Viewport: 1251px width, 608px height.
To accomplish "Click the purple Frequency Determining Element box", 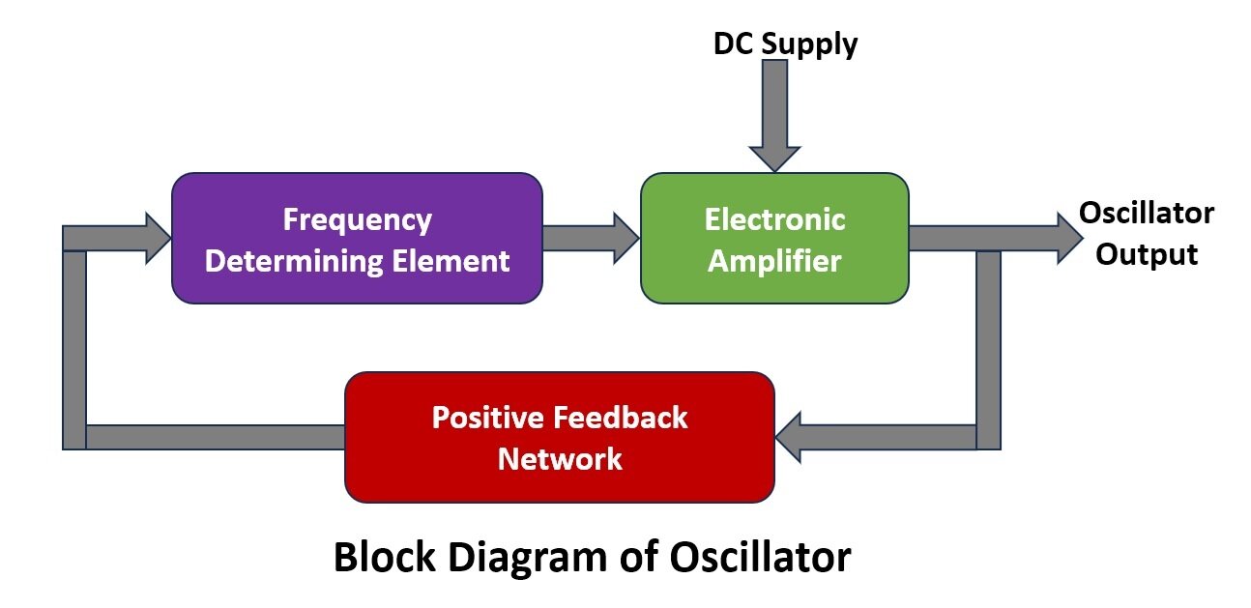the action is pyautogui.click(x=357, y=239).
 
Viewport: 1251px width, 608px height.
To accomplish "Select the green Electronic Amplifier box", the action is pyautogui.click(x=774, y=239).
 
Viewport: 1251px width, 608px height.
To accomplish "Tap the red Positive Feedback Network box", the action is pyautogui.click(x=560, y=437).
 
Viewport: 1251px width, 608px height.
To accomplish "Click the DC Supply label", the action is pyautogui.click(x=785, y=44).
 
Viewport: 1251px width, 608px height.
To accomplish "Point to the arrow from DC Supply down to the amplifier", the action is pyautogui.click(x=774, y=116).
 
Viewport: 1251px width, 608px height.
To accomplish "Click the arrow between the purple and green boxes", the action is pyautogui.click(x=591, y=239).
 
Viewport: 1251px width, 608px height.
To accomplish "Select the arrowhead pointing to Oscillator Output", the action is pyautogui.click(x=1070, y=239).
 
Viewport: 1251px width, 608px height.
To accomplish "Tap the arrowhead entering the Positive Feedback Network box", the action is pyautogui.click(x=789, y=437).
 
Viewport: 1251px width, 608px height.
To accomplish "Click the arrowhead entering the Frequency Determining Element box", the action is pyautogui.click(x=158, y=239).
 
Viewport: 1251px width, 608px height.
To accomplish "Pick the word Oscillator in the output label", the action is pyautogui.click(x=1146, y=214).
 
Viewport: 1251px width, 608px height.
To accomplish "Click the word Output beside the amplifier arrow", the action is pyautogui.click(x=1146, y=254).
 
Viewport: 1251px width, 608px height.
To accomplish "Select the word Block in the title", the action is pyautogui.click(x=384, y=557).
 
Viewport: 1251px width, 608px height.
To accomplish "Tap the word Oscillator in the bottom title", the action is pyautogui.click(x=760, y=557).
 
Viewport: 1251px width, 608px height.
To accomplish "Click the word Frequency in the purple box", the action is pyautogui.click(x=358, y=219).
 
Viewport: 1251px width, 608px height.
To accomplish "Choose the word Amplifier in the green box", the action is pyautogui.click(x=774, y=261).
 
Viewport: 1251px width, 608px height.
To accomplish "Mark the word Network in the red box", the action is pyautogui.click(x=560, y=459).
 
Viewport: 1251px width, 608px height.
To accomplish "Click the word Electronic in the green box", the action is pyautogui.click(x=774, y=218).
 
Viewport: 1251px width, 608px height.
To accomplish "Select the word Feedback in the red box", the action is pyautogui.click(x=621, y=418).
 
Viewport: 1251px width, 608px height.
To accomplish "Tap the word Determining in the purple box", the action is pyautogui.click(x=294, y=261).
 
